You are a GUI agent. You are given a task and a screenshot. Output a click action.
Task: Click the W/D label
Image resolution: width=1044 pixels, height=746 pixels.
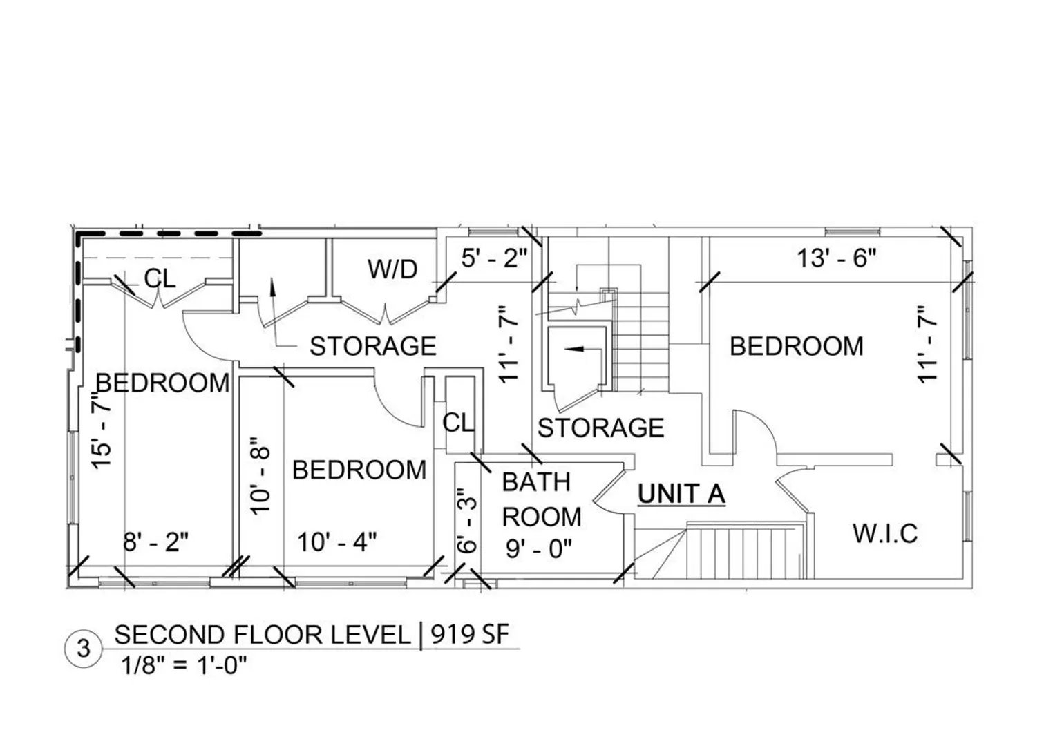(392, 269)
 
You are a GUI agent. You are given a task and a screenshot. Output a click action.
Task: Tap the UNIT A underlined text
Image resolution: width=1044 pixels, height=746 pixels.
(681, 495)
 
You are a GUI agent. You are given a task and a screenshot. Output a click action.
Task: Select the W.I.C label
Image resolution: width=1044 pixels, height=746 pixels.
(886, 533)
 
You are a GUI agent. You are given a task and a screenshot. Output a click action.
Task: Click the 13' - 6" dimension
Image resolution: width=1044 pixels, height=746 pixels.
(837, 258)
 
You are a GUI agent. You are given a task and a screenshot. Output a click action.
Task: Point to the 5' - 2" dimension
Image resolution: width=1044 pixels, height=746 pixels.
(495, 258)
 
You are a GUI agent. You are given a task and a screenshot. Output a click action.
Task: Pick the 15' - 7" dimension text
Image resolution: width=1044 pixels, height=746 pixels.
(102, 430)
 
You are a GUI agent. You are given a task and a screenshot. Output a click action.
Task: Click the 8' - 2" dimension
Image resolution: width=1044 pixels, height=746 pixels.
(156, 542)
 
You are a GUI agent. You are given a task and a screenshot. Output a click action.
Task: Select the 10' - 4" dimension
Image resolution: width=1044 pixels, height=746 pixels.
(337, 542)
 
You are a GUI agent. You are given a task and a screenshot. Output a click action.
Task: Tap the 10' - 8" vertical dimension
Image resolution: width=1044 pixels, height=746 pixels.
(260, 476)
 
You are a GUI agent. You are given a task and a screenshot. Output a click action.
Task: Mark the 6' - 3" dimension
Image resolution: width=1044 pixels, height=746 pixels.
(466, 521)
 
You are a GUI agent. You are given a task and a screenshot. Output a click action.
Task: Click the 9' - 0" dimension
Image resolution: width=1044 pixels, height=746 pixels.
(539, 548)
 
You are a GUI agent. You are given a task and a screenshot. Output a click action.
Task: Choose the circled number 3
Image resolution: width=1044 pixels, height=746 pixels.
(84, 648)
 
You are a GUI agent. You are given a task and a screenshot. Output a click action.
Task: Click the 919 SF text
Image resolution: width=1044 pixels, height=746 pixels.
(470, 634)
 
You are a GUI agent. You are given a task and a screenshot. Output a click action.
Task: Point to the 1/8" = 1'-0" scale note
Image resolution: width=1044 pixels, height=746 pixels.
(184, 665)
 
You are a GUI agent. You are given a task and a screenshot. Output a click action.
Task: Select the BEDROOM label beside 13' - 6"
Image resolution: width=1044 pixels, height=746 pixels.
(797, 346)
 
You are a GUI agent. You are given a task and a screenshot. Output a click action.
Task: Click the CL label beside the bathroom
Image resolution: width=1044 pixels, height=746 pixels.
(458, 423)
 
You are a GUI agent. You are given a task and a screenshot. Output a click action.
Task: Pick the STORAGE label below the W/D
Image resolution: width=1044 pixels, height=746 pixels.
(373, 346)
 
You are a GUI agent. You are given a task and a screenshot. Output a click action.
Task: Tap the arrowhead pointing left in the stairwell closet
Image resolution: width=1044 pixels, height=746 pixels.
(573, 349)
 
